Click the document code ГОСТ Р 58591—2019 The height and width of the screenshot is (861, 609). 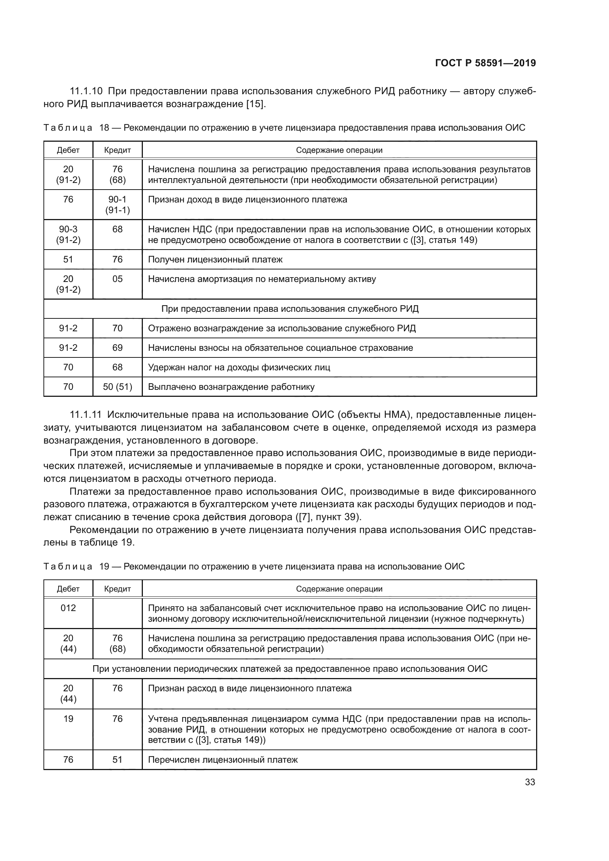click(485, 63)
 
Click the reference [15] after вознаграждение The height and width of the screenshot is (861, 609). click(256, 104)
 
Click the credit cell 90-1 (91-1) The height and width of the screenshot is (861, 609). click(117, 204)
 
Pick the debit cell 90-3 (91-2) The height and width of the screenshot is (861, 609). click(68, 234)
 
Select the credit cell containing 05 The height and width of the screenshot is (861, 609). click(117, 279)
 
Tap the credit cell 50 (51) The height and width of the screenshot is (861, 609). click(117, 387)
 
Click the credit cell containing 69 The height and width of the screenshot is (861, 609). click(117, 347)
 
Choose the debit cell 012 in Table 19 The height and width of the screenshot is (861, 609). click(68, 608)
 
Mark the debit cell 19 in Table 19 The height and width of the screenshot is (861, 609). click(68, 719)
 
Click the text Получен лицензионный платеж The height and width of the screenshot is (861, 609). click(215, 259)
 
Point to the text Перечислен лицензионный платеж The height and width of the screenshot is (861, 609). click(223, 760)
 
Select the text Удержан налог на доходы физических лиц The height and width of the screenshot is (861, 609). click(239, 367)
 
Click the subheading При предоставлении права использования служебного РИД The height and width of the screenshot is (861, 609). click(290, 308)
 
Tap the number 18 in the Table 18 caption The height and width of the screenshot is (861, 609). click(104, 128)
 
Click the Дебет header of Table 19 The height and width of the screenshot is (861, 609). click(68, 589)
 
